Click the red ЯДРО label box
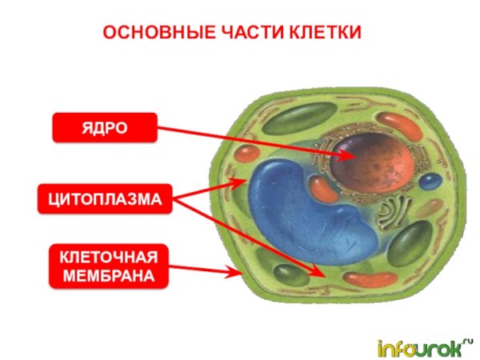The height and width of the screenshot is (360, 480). [x=105, y=128]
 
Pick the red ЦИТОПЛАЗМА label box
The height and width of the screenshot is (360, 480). [x=105, y=199]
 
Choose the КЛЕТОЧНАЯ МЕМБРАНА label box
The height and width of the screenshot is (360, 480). [x=108, y=266]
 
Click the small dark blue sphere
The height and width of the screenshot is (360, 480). [x=431, y=180]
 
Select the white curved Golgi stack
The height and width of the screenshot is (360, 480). [x=392, y=211]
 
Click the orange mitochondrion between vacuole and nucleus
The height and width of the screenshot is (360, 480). [x=324, y=189]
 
